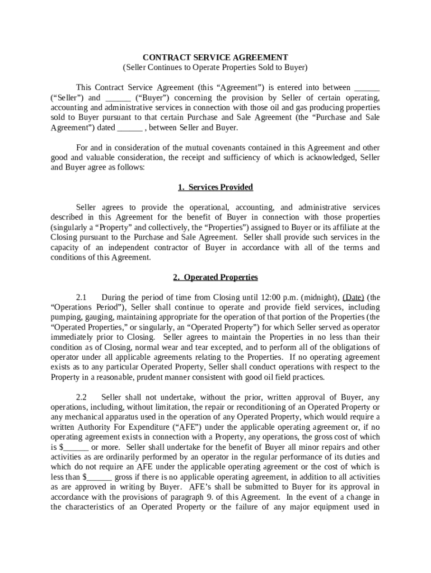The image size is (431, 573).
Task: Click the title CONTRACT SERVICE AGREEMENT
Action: coord(215,58)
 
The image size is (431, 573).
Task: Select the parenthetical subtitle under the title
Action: coord(215,67)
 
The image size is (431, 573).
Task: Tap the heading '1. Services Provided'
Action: coord(215,187)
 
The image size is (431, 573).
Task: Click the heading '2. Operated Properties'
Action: coord(215,277)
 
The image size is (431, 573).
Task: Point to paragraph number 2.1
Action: coord(82,298)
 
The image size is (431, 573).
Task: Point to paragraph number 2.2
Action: coord(82,397)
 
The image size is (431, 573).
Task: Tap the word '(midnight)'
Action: coord(319,298)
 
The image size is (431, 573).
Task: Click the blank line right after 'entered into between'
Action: coord(367,88)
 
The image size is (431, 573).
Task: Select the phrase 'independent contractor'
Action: coord(134,248)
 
